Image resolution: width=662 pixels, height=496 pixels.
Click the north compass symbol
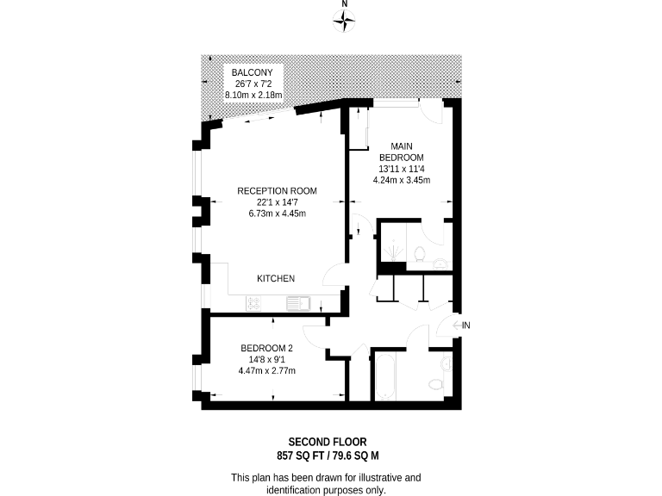tap(345, 22)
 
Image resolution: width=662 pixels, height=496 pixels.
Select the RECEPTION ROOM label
tap(278, 191)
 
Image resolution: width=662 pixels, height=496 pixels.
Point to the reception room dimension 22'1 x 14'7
tap(278, 202)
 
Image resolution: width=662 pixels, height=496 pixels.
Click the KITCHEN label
tap(276, 279)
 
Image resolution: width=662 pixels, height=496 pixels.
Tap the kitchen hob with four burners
tap(255, 302)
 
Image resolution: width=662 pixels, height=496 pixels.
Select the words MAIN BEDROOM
tap(402, 152)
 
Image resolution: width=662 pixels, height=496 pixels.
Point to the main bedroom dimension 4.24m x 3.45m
tap(402, 180)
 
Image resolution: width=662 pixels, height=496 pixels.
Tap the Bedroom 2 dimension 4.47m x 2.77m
tap(267, 371)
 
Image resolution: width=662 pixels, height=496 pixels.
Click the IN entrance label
tap(466, 325)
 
